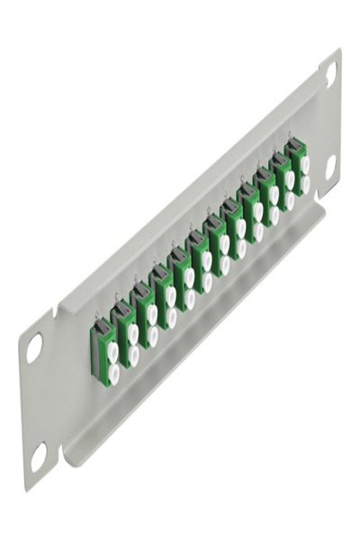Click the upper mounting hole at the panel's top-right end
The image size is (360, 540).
(x=330, y=75)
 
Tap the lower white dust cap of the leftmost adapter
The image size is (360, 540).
(x=114, y=369)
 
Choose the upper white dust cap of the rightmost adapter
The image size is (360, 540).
(x=304, y=165)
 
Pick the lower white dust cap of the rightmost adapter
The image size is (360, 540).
(x=305, y=184)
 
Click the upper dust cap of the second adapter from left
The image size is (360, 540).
(x=132, y=332)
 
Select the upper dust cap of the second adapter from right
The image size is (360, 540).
(x=289, y=181)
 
